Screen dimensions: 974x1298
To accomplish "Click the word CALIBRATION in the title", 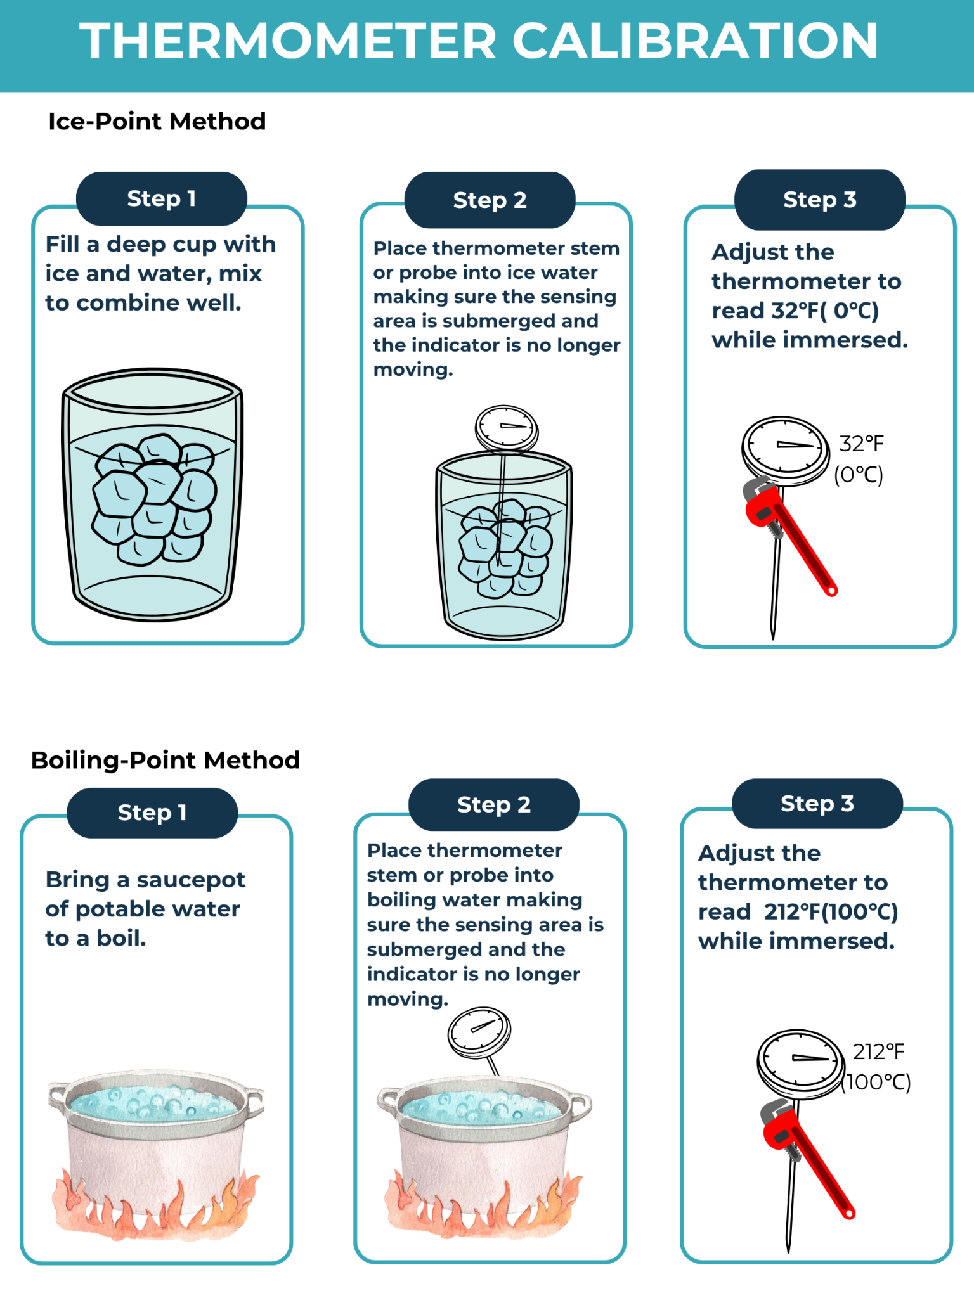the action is pos(695,41).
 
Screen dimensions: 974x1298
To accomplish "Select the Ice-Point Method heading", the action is pos(157,121).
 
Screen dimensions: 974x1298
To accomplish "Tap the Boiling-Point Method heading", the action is pos(166,760).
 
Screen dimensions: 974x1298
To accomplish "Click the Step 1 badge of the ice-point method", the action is pos(161,198).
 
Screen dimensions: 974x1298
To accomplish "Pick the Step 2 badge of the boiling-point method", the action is pos(494,804).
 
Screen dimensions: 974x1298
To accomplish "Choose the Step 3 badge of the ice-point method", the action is pos(820,200).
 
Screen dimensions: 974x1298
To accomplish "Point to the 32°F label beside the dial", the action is pos(861,444).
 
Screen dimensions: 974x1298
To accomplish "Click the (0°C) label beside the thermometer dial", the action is pos(859,475).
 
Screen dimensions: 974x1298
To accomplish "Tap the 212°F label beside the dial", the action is pos(878,1051).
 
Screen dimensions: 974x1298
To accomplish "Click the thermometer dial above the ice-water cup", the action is pos(507,428).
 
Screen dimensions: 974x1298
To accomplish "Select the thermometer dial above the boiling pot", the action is pos(479,1032).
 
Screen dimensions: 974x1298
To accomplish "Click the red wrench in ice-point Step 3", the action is pos(789,536).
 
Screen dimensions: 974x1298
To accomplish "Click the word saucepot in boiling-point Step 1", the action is pos(191,880).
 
